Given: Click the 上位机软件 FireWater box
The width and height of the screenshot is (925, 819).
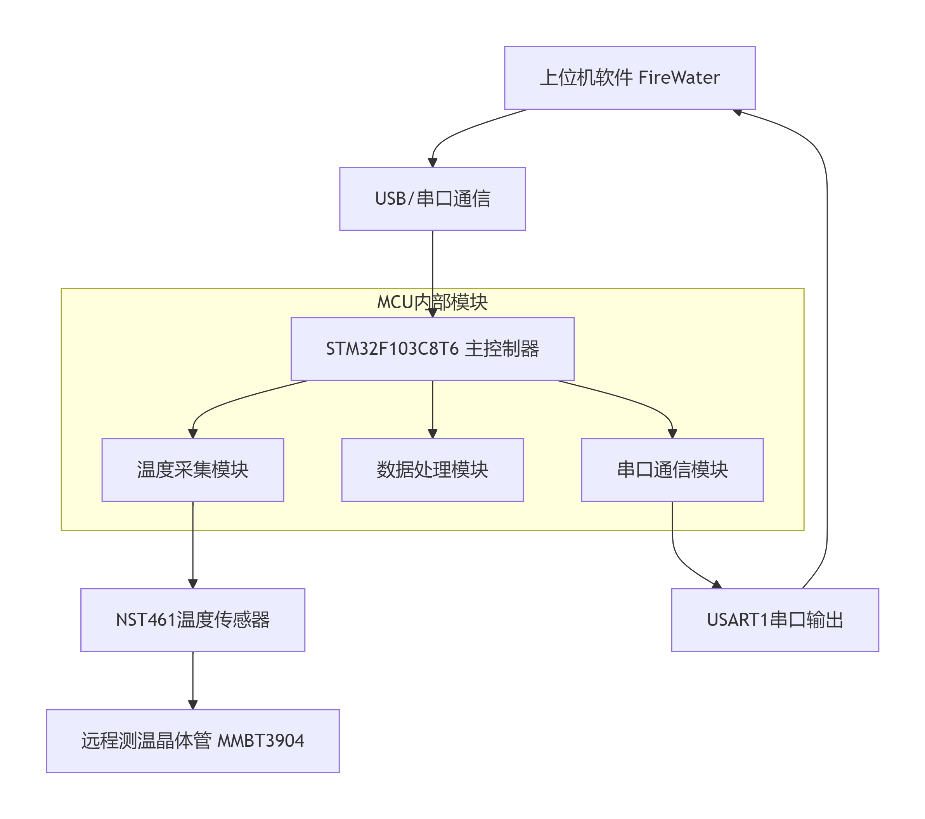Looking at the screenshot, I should pos(629,78).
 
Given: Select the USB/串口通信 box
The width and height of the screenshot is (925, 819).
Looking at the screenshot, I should pos(432,199).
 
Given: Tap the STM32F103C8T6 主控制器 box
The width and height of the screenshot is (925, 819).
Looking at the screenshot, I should pos(432,349).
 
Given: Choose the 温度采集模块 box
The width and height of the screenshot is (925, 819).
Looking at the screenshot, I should pos(193,470).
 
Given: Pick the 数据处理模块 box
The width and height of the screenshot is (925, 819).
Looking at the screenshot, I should pos(432,470).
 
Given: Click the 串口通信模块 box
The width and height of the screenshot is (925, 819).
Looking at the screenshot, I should pos(672,470).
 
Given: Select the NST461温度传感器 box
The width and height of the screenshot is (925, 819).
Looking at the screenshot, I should pos(193,620).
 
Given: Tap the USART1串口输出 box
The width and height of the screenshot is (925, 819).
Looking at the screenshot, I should pos(775,620).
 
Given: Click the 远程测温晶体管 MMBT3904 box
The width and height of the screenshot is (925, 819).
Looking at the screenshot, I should pos(193,741).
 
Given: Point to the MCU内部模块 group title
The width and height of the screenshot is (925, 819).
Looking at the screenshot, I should pos(432,302).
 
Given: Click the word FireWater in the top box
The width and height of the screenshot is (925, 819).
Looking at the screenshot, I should pos(679,78).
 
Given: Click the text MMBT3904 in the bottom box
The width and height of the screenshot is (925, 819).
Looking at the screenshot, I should pos(261,741).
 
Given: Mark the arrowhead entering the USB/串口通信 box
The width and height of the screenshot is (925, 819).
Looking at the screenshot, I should pos(433,163).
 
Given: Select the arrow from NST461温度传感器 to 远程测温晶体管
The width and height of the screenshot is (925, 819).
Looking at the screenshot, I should pos(193,681).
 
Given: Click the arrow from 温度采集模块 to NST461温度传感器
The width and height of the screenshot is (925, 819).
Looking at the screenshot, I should pos(193,545).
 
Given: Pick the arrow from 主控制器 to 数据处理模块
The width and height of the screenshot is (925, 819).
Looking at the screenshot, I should pos(433,409).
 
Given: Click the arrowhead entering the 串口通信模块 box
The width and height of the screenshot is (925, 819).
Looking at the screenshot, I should pos(672,434).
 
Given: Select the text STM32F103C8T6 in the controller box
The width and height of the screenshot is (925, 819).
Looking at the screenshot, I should pos(392,349).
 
